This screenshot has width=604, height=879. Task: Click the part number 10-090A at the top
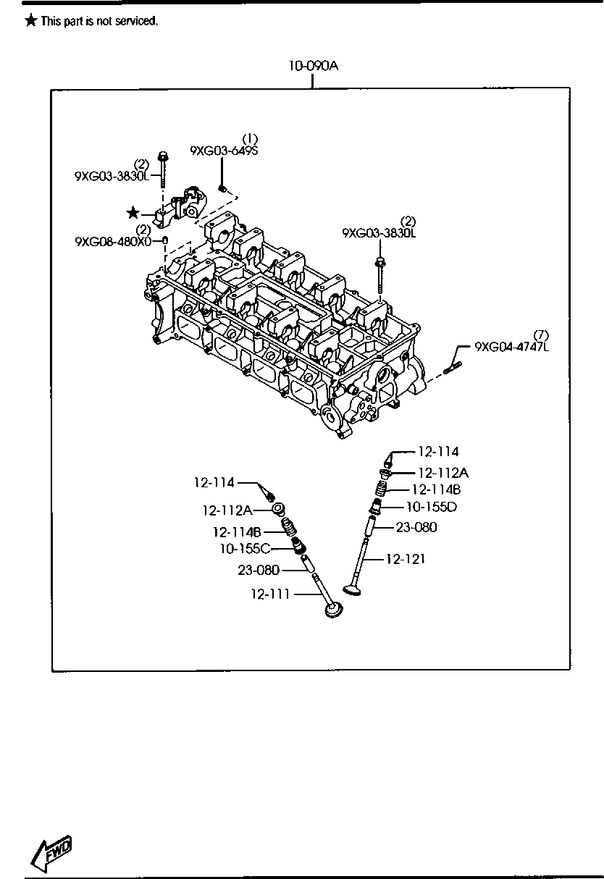313,66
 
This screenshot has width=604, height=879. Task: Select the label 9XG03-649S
224,151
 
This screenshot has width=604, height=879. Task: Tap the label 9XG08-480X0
113,241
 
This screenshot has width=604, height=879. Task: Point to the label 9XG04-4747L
512,347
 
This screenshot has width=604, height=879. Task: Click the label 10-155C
246,549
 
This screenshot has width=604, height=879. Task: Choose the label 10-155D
432,507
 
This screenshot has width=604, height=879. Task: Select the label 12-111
270,594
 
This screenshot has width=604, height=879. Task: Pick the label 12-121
406,559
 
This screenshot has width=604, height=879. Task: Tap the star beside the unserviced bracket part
133,213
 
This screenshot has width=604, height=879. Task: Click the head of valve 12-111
334,610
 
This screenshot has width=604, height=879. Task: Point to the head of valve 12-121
353,589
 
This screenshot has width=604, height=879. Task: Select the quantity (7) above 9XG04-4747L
541,335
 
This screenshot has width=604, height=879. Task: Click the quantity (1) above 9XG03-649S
250,139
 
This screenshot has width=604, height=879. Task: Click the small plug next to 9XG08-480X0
166,240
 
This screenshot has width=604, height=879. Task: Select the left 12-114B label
237,532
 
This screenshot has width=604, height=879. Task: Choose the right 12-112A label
443,473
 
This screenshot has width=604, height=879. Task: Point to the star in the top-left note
30,20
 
